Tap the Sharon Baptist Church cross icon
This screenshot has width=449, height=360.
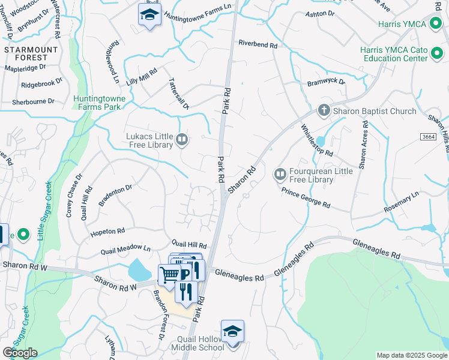(324, 111)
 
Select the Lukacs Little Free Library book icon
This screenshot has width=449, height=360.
(182, 140)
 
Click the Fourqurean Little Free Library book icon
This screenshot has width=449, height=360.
(280, 174)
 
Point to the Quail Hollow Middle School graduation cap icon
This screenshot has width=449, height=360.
(232, 331)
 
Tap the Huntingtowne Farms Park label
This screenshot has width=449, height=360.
(97, 103)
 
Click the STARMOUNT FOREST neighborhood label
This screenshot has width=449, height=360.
(26, 53)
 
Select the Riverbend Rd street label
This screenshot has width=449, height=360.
(258, 45)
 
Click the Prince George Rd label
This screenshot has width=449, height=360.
(306, 197)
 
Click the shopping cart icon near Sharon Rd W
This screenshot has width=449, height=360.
(170, 275)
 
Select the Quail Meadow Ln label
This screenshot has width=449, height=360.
(126, 248)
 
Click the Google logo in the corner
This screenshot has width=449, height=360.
(20, 353)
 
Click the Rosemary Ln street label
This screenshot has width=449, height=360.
(402, 203)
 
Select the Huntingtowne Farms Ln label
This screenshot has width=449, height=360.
(197, 13)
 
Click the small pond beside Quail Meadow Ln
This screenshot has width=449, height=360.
(140, 271)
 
